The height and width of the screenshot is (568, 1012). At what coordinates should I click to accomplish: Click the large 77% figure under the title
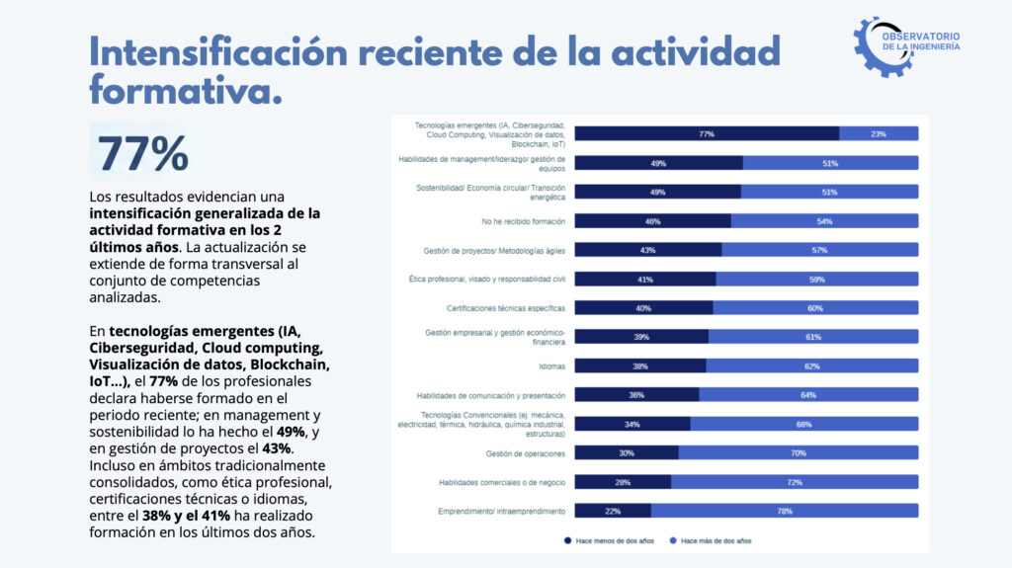coord(143,153)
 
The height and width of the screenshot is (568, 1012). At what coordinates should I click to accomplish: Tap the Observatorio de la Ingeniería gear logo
coord(906,45)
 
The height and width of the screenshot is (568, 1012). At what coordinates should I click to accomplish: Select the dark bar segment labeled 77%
coord(707,133)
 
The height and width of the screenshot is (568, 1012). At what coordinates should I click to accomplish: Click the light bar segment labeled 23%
coord(879,133)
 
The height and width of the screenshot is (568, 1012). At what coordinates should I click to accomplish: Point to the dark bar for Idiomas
coord(640,365)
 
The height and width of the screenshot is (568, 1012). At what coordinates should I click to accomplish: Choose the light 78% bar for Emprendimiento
coord(785,511)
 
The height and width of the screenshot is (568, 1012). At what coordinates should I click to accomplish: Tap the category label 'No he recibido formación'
coord(523,220)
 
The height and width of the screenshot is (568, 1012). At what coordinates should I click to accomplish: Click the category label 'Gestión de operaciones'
coord(526,453)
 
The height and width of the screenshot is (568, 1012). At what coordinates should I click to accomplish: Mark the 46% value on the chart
coord(652,220)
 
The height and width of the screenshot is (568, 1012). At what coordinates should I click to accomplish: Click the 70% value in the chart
coord(799,453)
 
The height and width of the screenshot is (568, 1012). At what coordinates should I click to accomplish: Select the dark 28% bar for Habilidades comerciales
coord(623,482)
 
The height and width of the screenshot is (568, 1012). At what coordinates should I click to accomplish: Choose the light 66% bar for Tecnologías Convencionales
coord(804,424)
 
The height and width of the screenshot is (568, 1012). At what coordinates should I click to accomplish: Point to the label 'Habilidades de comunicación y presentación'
coord(491,395)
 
